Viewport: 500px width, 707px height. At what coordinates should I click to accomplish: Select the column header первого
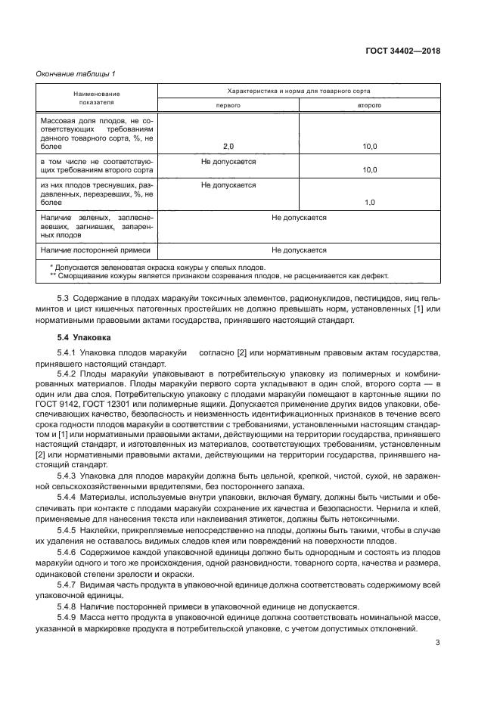[228, 105]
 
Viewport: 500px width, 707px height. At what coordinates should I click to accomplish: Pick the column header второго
[369, 105]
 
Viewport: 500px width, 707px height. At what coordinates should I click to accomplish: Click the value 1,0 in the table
[370, 203]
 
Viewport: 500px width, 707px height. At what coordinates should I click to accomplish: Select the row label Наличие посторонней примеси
[95, 250]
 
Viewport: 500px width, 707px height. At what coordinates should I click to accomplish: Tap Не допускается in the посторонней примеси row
[299, 250]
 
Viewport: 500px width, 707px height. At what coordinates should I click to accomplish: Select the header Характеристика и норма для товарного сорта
[299, 91]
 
